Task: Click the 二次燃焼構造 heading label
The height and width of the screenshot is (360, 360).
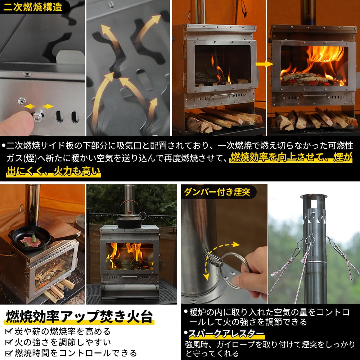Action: (x=33, y=6)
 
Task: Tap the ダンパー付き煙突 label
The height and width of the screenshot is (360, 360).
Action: (x=217, y=192)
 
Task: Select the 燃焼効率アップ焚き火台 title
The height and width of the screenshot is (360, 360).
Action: (x=79, y=317)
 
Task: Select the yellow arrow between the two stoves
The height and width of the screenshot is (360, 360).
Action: (x=263, y=64)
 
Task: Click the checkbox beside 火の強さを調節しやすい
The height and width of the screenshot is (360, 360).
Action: (x=9, y=342)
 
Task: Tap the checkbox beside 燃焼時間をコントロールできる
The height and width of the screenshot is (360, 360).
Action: (x=9, y=353)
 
